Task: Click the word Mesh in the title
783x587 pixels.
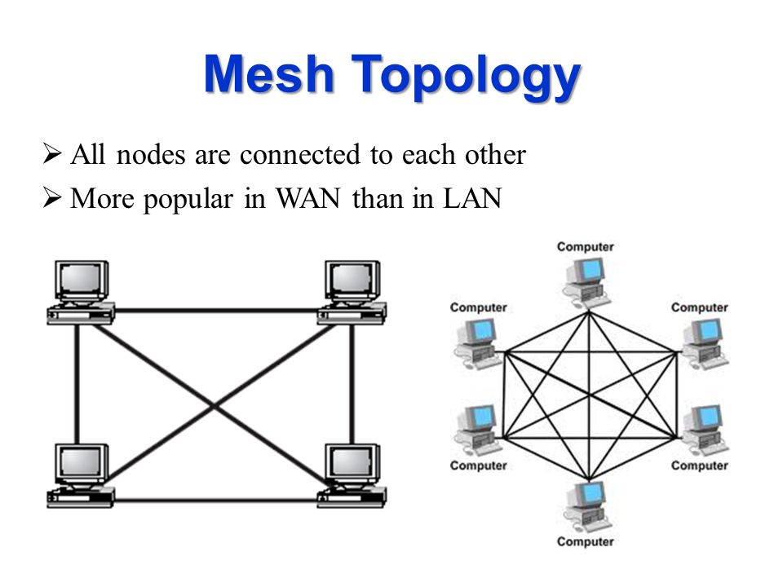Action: point(268,74)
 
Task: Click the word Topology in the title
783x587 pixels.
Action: point(466,77)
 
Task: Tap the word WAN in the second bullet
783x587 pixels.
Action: point(308,199)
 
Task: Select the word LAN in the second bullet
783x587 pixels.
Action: point(472,199)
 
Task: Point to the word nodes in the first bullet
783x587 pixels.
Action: point(151,154)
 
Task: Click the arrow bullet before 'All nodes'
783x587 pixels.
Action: point(52,153)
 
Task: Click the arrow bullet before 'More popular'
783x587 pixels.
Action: point(52,197)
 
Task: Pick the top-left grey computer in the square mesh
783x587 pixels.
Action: point(81,292)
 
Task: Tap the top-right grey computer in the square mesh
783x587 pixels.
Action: point(352,292)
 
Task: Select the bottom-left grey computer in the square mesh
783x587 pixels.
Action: point(81,475)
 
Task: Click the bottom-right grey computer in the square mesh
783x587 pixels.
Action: point(352,475)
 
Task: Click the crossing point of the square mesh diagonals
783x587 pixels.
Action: point(215,405)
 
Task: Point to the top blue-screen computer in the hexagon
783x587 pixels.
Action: point(586,281)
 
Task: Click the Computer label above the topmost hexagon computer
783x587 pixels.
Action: point(586,246)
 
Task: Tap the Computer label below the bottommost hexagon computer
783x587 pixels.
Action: point(586,541)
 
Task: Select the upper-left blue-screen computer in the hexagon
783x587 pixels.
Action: point(477,343)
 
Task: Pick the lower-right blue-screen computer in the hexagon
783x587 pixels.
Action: point(705,430)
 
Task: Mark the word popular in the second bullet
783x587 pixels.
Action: point(188,200)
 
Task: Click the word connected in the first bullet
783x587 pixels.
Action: point(299,154)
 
